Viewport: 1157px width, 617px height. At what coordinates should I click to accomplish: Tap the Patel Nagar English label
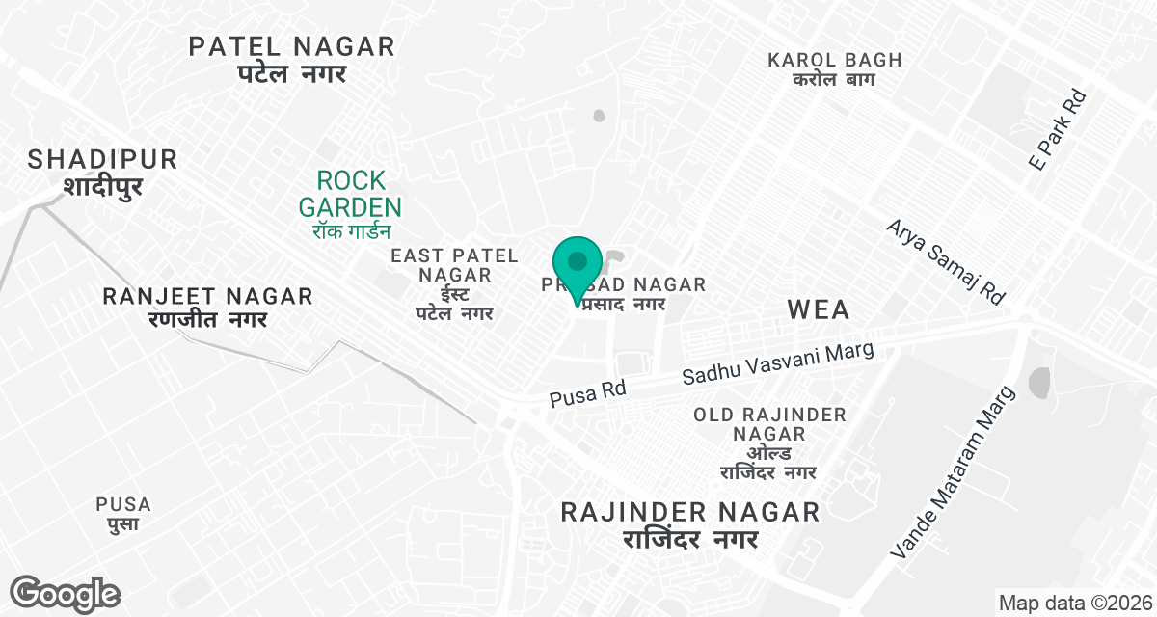pos(291,46)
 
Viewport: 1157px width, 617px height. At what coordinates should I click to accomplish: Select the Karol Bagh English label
pos(835,60)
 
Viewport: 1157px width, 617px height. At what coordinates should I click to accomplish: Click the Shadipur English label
pos(103,159)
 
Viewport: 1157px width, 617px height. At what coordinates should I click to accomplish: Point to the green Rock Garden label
pos(350,193)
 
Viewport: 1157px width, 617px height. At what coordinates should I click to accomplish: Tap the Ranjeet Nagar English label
pos(208,296)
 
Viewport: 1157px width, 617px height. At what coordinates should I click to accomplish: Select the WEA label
pos(819,309)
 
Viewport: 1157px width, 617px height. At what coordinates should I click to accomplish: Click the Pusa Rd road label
pos(588,392)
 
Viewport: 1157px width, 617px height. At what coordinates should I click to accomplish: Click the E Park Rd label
pos(1058,130)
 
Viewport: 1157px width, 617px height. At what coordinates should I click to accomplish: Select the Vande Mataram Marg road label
pos(955,472)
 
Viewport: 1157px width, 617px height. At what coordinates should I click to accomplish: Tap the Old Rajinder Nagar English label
pos(769,424)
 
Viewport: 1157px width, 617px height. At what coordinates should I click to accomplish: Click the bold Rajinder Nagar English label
pos(690,512)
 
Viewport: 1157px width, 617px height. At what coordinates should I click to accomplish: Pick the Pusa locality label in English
pos(123,504)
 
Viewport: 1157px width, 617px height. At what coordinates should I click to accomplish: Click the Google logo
pos(65,593)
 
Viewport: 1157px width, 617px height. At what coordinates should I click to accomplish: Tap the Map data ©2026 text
pos(1074,604)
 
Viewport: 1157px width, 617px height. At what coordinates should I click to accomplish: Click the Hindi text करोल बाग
pos(835,80)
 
